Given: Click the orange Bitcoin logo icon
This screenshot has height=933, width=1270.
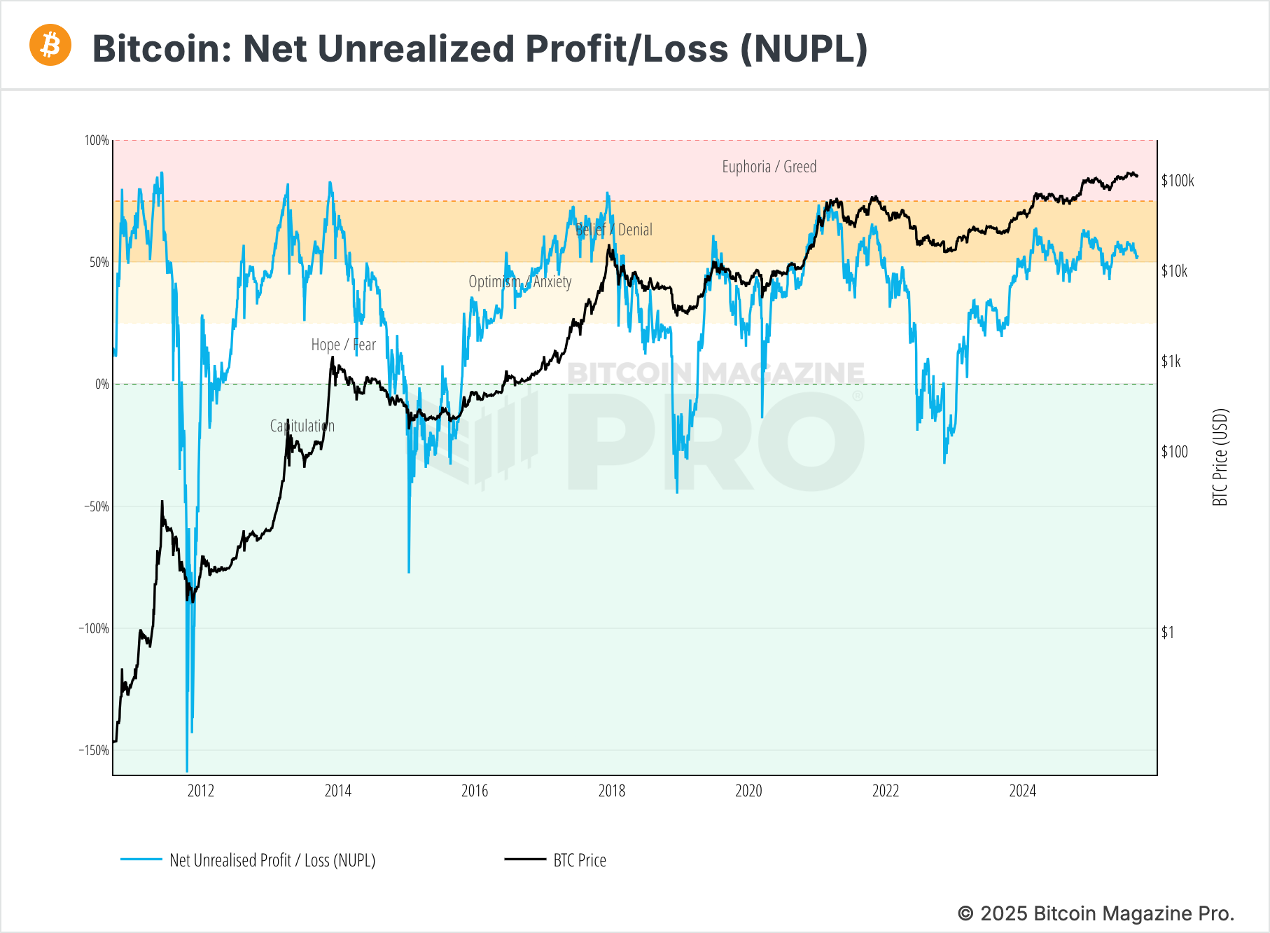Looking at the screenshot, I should (50, 46).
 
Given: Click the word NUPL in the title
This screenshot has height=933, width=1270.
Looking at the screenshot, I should (804, 49).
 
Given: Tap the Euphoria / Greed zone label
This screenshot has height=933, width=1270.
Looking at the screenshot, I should (769, 167).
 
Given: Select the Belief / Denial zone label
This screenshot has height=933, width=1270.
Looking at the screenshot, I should (613, 230).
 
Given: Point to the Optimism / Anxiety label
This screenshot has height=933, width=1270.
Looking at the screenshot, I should (519, 282).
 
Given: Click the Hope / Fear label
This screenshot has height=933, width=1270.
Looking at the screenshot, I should (343, 345).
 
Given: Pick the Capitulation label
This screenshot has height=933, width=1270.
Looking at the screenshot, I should (302, 426).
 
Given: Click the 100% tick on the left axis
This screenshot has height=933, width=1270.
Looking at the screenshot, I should (97, 141).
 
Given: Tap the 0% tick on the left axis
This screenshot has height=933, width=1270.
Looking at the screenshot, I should (102, 384).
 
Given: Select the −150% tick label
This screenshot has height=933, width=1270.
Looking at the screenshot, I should (94, 750).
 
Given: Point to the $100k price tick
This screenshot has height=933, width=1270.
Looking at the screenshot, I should (1177, 181).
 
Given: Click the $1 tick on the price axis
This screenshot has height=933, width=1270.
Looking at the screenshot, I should (1167, 633).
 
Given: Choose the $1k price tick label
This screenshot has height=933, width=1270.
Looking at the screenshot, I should (1171, 361).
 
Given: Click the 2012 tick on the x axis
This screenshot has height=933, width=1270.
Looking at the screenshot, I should (201, 791).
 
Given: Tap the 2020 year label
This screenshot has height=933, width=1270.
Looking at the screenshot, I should (748, 791).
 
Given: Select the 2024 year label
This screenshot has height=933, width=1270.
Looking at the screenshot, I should (1022, 791).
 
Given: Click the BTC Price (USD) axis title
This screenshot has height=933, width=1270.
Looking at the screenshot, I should (1220, 457).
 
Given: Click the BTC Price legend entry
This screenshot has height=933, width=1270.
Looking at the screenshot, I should (579, 860).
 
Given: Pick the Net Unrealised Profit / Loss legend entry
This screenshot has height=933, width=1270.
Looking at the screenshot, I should (272, 860).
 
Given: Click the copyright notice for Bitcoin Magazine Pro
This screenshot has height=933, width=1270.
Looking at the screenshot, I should (1095, 913).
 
